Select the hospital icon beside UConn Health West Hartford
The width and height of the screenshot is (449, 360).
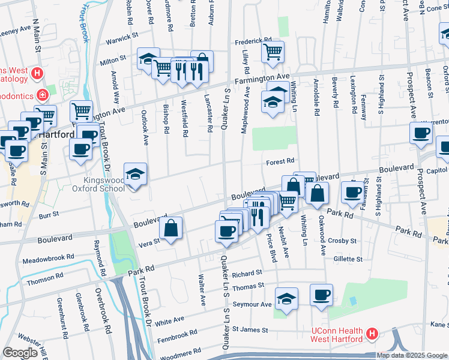point(372,333)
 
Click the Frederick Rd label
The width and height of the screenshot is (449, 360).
point(253,41)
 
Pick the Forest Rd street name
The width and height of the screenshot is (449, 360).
point(280,161)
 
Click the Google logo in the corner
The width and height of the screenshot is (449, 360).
point(20,353)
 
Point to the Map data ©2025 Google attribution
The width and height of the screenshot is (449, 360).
point(411,355)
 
